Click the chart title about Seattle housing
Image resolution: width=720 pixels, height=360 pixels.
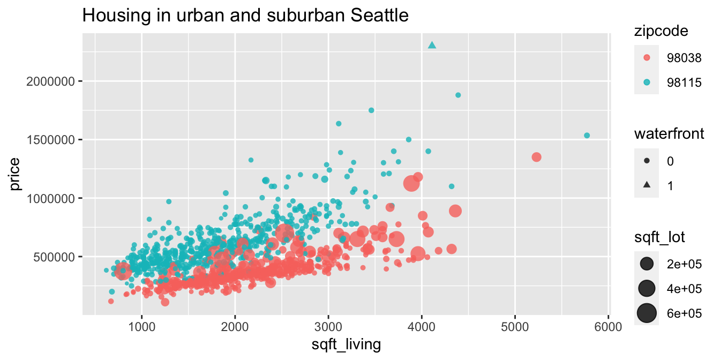tap(245, 16)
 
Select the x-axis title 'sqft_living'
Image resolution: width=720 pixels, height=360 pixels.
tap(346, 344)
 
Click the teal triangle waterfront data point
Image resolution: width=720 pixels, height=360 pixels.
tap(432, 46)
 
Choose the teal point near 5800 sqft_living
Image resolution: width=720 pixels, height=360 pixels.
tap(587, 136)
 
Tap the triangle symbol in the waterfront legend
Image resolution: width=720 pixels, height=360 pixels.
tap(647, 185)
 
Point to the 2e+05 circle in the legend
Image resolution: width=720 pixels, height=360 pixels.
tap(647, 263)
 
